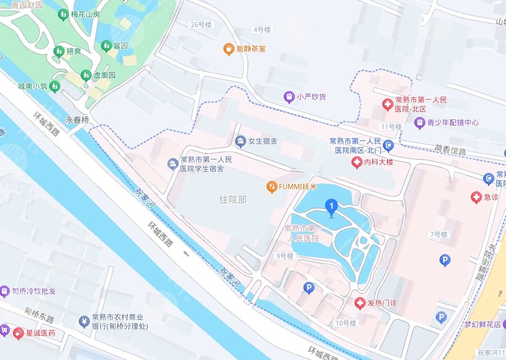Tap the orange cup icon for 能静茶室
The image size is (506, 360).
pos(228,48)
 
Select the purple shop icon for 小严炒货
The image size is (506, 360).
pos(288,96)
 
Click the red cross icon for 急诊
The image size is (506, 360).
pos(475,198)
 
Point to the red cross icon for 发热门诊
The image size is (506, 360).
pos(359,303)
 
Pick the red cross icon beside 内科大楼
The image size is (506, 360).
pos(356,162)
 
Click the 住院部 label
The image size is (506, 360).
pos(233,199)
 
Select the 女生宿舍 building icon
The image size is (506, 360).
pos(239,142)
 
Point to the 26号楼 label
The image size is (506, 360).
pos(201,25)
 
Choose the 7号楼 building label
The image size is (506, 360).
pos(438,234)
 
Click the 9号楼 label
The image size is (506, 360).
pos(284,255)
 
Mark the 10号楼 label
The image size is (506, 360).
pos(346,322)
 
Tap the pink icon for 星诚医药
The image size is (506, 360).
pos(5,333)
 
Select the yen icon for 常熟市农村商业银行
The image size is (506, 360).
pos(84,321)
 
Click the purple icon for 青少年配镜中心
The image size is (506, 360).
pos(419,122)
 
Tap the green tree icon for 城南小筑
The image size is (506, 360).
pos(54,86)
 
